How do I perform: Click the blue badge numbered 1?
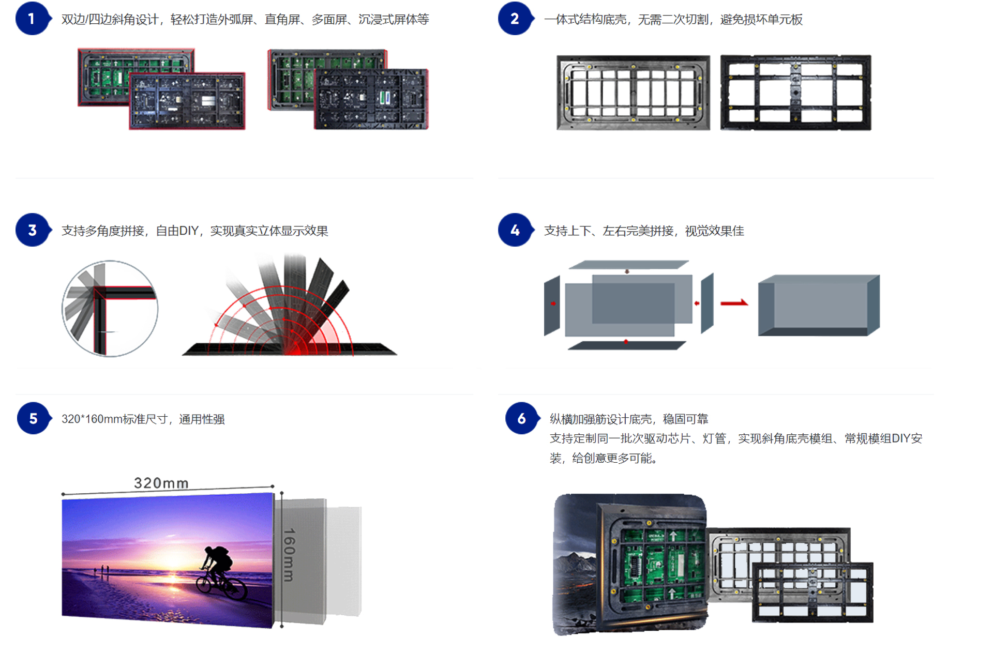32,19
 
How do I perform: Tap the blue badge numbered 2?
515,19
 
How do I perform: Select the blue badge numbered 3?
32,230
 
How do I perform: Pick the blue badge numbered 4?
515,230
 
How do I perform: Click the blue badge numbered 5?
33,418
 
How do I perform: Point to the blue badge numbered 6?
521,418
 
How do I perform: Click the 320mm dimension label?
161,483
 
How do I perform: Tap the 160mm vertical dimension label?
289,554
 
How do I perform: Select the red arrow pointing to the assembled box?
734,303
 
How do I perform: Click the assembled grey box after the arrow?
818,306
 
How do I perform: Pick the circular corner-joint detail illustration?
110,309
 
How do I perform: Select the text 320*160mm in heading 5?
92,419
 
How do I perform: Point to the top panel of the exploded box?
628,265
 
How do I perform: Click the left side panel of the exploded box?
552,305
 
